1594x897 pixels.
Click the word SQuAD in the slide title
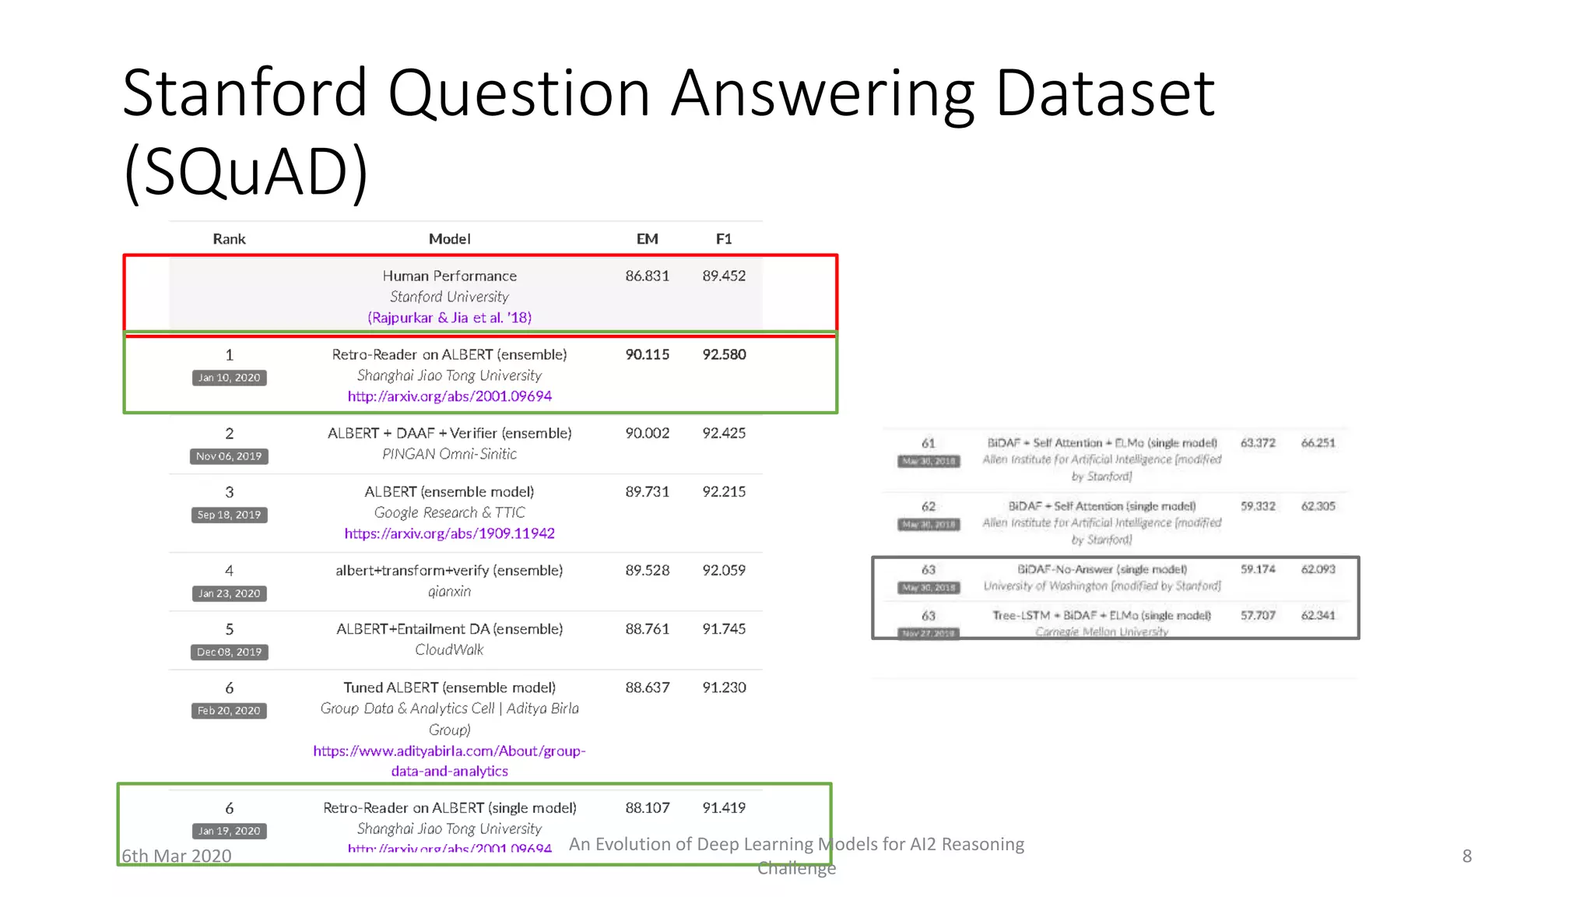(246, 171)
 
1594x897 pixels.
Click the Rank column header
(229, 239)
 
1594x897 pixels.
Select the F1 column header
(724, 239)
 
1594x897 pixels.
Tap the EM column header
(647, 239)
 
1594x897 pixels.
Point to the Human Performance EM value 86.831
(647, 276)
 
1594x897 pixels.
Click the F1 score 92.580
(724, 354)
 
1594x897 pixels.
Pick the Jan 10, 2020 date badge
(229, 378)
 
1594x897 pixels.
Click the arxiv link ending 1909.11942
(449, 533)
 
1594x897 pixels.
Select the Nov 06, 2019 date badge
(229, 456)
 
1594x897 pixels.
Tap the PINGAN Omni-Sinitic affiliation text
(449, 454)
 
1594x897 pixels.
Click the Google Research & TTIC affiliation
(449, 512)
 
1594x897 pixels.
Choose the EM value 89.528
(647, 570)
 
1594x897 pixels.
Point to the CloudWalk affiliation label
(449, 649)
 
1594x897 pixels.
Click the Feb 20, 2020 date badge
(229, 711)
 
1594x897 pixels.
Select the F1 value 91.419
(724, 807)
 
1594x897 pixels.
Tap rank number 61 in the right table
(929, 443)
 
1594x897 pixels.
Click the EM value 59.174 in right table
(1258, 569)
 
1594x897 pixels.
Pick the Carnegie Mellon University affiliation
(1101, 631)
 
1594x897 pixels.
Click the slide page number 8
(1466, 856)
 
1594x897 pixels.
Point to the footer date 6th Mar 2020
(177, 856)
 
